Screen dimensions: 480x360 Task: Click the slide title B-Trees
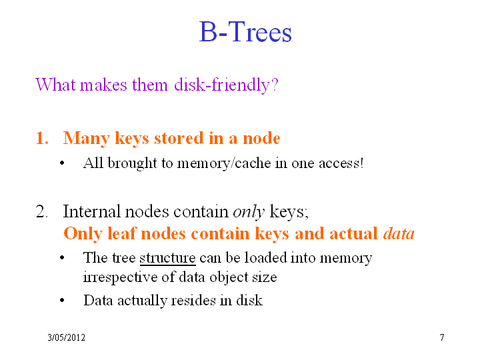point(245,32)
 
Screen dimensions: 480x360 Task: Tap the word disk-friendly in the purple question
point(226,85)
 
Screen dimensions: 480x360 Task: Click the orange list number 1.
point(42,138)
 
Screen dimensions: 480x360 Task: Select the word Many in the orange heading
point(86,139)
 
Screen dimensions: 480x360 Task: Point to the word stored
point(179,138)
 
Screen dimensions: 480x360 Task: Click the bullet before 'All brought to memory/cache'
point(62,163)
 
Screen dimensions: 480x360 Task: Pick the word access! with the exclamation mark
point(341,163)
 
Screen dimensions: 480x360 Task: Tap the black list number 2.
point(41,211)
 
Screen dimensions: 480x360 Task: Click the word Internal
point(91,211)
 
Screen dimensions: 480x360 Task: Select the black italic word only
point(249,212)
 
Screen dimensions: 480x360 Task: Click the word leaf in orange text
point(121,233)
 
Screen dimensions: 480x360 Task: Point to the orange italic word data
point(399,233)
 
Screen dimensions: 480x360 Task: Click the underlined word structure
point(167,258)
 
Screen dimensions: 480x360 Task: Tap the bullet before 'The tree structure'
point(62,258)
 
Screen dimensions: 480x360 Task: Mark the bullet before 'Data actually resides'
point(62,301)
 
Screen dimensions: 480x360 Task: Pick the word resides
point(193,300)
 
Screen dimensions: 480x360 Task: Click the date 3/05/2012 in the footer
point(66,337)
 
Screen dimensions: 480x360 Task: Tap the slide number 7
point(442,337)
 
